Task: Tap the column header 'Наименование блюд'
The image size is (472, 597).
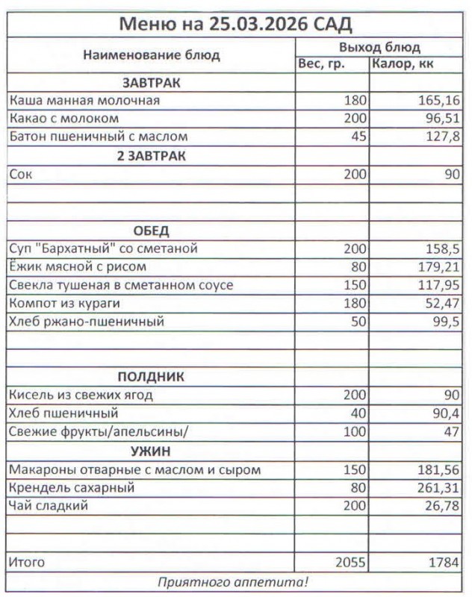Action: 152,55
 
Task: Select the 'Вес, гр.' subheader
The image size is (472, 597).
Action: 321,64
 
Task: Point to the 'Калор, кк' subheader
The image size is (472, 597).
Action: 403,64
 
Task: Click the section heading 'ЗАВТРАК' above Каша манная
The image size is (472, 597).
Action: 152,82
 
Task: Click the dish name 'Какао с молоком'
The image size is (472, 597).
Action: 64,118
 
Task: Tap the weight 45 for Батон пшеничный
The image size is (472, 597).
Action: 355,137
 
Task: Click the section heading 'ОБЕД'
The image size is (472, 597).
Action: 152,230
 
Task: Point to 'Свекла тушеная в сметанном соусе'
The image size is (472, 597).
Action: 121,285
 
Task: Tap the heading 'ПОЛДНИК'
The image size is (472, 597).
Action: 152,377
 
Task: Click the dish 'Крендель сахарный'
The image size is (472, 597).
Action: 71,489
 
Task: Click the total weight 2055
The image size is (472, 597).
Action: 349,562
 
